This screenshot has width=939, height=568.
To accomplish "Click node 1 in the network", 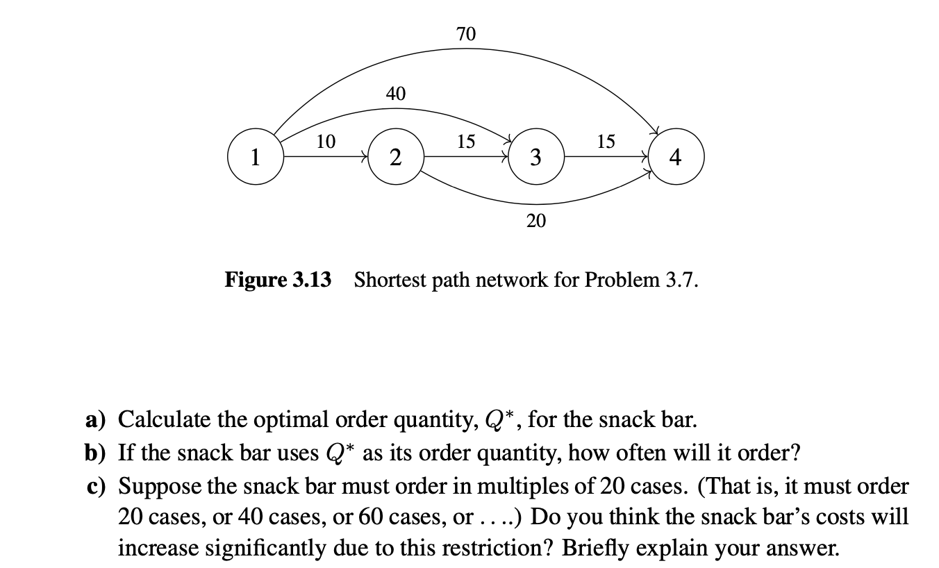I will (256, 158).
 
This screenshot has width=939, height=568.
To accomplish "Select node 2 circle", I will (394, 158).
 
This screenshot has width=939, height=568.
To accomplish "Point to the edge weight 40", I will (395, 93).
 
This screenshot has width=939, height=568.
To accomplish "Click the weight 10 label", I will (325, 142).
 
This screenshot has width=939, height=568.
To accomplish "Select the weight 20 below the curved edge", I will (535, 221).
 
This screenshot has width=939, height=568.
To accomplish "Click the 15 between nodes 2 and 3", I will (465, 142).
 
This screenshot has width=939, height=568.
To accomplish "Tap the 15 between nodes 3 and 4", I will (606, 142).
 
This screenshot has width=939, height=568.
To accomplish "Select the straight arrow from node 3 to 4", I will (606, 158).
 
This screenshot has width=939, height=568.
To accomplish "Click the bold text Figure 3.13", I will (278, 281).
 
